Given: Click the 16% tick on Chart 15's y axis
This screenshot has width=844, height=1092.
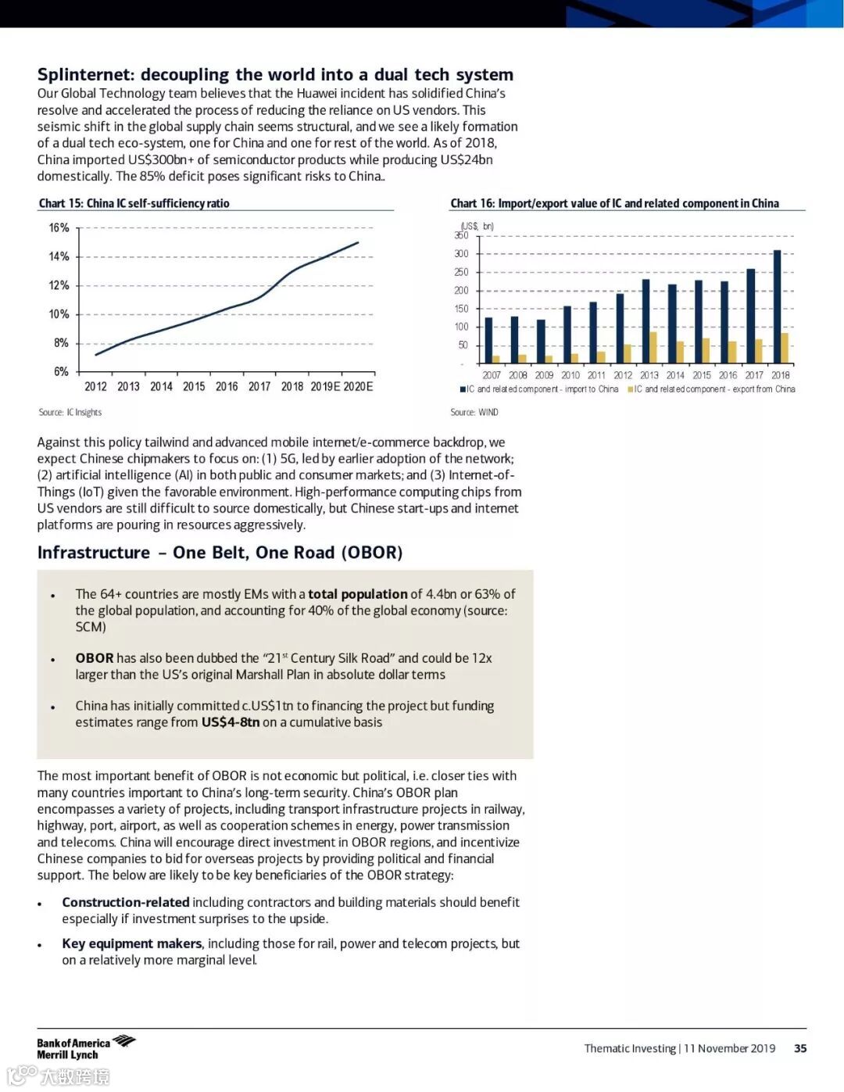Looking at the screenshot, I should [x=59, y=228].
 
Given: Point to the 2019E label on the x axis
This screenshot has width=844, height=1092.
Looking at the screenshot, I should [x=326, y=387].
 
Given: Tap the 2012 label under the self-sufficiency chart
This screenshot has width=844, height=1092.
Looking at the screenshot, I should [x=95, y=387].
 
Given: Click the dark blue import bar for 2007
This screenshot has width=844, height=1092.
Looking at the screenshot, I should [x=489, y=340].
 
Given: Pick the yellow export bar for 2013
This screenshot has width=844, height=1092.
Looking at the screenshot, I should [x=653, y=348].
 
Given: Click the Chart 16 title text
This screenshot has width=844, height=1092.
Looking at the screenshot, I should [x=614, y=203].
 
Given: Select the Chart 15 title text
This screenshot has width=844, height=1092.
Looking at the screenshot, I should [x=134, y=203].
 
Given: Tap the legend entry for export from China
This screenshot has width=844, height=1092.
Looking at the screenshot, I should [x=714, y=389].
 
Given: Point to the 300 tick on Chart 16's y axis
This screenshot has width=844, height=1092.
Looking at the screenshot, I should [x=462, y=254].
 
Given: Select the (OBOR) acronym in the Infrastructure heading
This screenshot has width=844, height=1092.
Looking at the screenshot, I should [x=371, y=553].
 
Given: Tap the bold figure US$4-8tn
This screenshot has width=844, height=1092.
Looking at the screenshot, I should [x=231, y=722].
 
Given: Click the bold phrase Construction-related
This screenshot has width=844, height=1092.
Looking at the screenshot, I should [x=126, y=902].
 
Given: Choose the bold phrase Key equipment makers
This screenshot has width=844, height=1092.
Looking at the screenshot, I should [x=132, y=943].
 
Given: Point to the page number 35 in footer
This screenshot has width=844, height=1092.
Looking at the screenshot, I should [x=800, y=1049].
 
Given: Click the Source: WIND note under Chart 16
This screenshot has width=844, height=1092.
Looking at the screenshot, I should [x=474, y=413].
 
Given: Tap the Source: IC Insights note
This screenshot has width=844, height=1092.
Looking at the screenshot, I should [x=70, y=413].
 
